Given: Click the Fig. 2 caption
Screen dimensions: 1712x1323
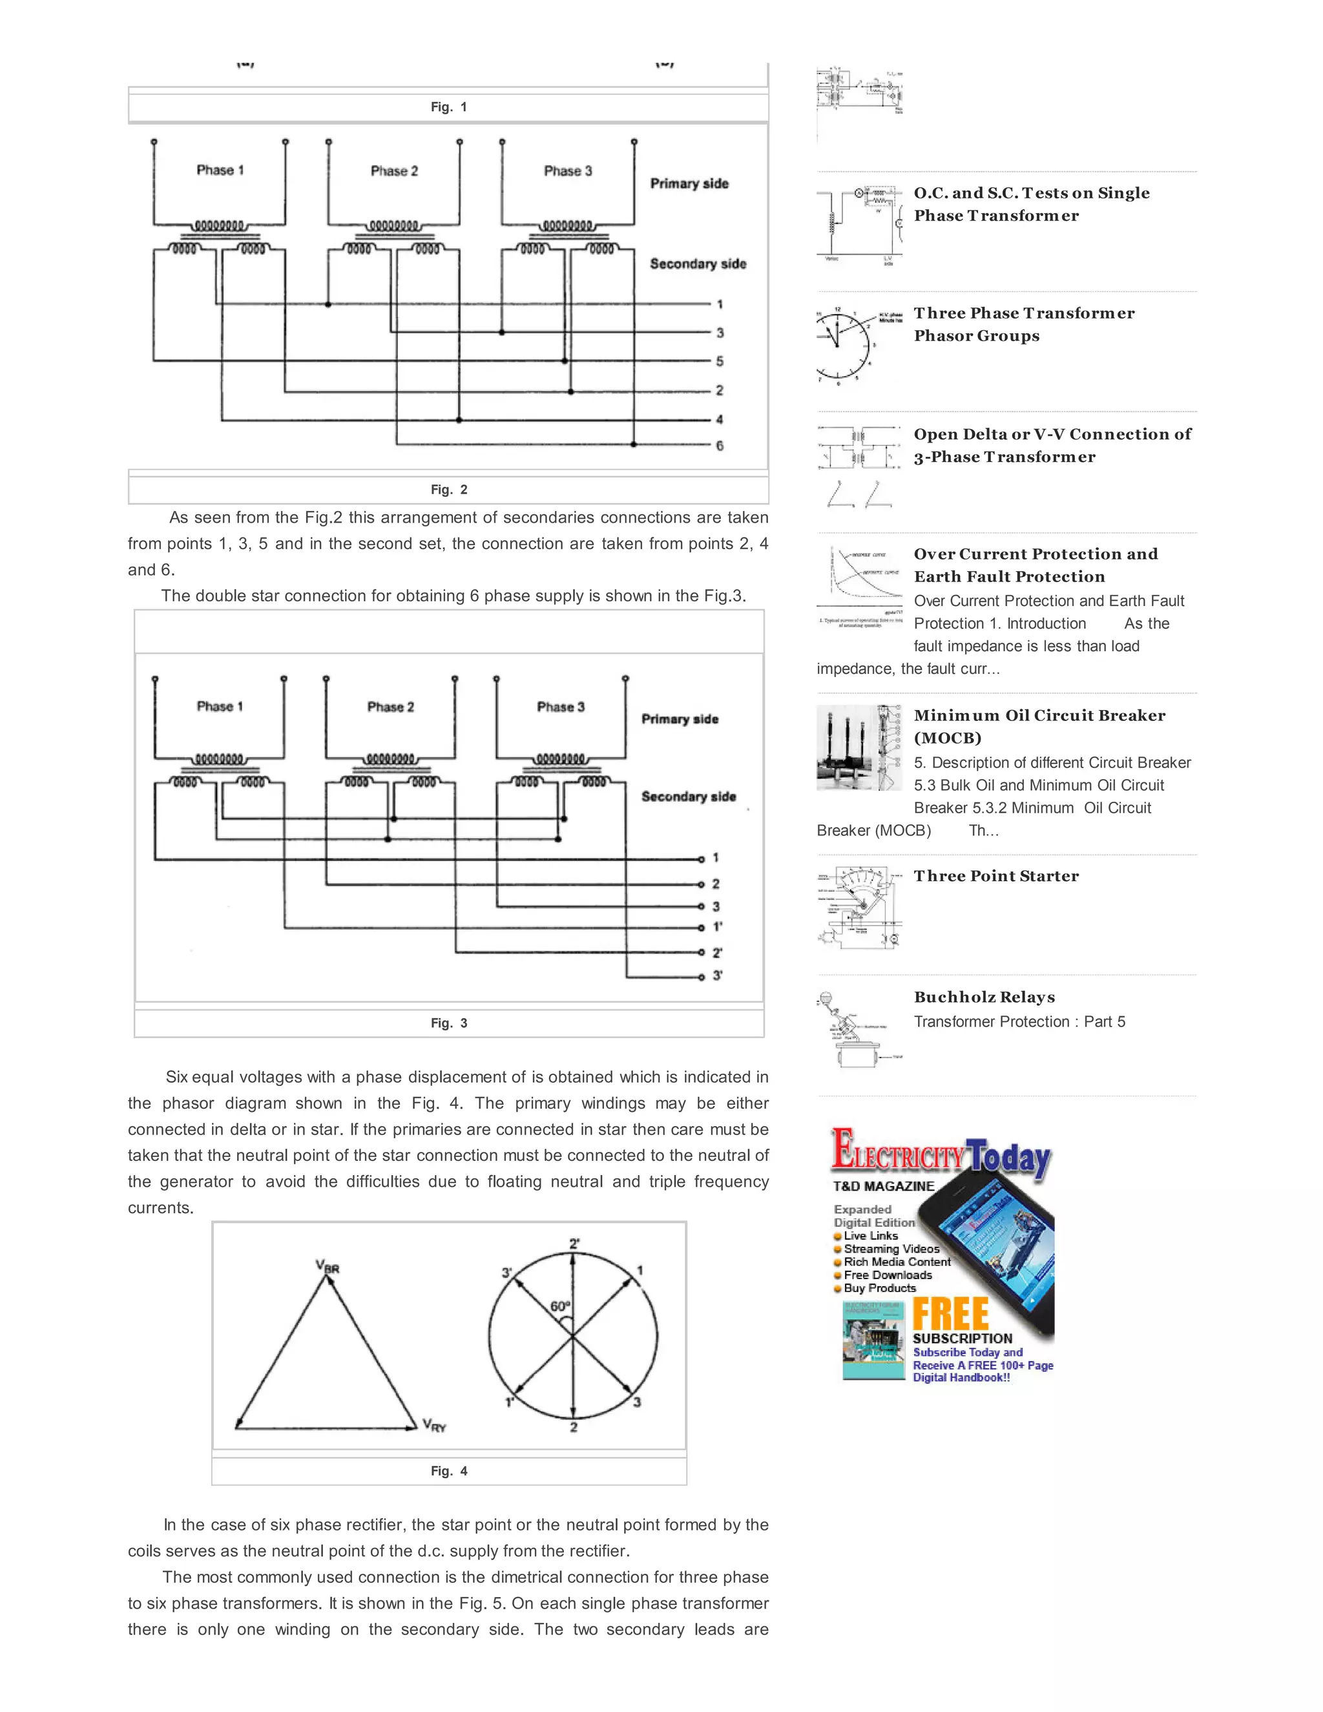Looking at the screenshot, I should click(x=448, y=490).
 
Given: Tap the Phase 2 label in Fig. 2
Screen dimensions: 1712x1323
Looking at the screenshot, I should click(x=394, y=171).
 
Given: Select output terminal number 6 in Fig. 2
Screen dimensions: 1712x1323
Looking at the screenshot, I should click(x=720, y=445).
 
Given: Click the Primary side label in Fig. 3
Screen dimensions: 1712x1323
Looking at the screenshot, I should click(x=680, y=719).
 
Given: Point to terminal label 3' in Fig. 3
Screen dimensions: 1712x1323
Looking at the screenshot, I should click(x=717, y=976).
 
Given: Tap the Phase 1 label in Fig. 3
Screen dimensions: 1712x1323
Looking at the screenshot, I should click(x=220, y=706).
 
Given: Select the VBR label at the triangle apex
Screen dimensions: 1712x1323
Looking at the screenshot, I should click(x=328, y=1267).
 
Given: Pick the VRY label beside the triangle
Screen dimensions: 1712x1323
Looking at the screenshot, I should click(x=434, y=1425).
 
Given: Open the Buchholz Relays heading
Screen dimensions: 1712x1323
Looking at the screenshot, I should click(x=984, y=997).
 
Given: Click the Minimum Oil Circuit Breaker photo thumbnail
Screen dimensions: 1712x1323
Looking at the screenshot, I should click(x=859, y=747).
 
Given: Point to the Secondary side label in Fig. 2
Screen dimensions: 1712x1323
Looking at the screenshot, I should click(x=698, y=264).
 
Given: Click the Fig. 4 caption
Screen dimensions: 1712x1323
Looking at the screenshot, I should click(x=448, y=1471).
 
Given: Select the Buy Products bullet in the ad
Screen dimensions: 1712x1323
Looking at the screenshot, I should click(x=879, y=1288).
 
